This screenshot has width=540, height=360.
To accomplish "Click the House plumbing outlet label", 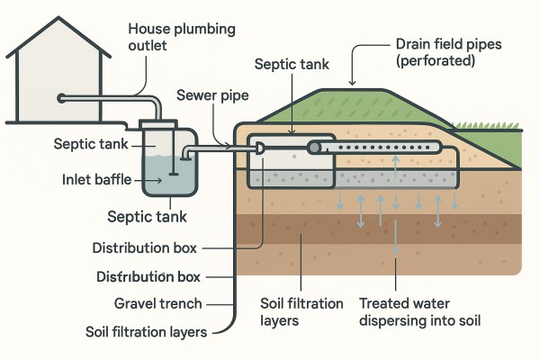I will (x=182, y=38).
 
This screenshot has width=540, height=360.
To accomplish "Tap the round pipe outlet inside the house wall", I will (x=60, y=97).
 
